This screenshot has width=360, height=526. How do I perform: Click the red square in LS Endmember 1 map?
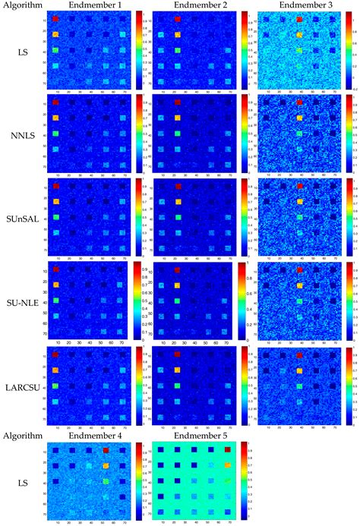pyautogui.click(x=55, y=19)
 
